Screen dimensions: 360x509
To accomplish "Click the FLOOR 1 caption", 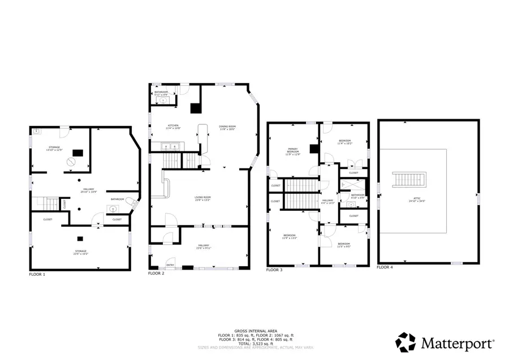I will pyautogui.click(x=37, y=274).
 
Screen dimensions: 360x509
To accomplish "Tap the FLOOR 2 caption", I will pyautogui.click(x=156, y=273).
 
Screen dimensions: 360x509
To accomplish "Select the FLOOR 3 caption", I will pyautogui.click(x=275, y=270).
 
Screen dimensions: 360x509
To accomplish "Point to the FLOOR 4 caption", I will pyautogui.click(x=385, y=267).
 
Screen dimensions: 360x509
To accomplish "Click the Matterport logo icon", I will pyautogui.click(x=406, y=342).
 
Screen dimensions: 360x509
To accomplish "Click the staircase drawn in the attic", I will pyautogui.click(x=405, y=180).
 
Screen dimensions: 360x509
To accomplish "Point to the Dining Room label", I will pyautogui.click(x=227, y=127).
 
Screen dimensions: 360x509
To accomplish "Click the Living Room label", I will pyautogui.click(x=202, y=198).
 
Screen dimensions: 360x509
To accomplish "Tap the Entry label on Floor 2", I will pyautogui.click(x=170, y=264).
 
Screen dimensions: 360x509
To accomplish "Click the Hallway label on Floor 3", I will pyautogui.click(x=328, y=201).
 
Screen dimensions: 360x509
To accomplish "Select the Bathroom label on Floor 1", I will pyautogui.click(x=118, y=199).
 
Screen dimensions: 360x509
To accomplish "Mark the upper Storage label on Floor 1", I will pyautogui.click(x=54, y=148).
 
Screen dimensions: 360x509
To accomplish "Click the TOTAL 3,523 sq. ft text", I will pyautogui.click(x=254, y=343).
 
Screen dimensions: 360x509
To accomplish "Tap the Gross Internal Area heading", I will pyautogui.click(x=254, y=331).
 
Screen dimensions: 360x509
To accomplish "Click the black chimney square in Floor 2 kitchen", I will pyautogui.click(x=196, y=107).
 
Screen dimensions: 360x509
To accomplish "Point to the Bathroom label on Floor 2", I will pyautogui.click(x=161, y=93).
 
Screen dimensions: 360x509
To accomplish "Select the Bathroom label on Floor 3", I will pyautogui.click(x=357, y=196).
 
